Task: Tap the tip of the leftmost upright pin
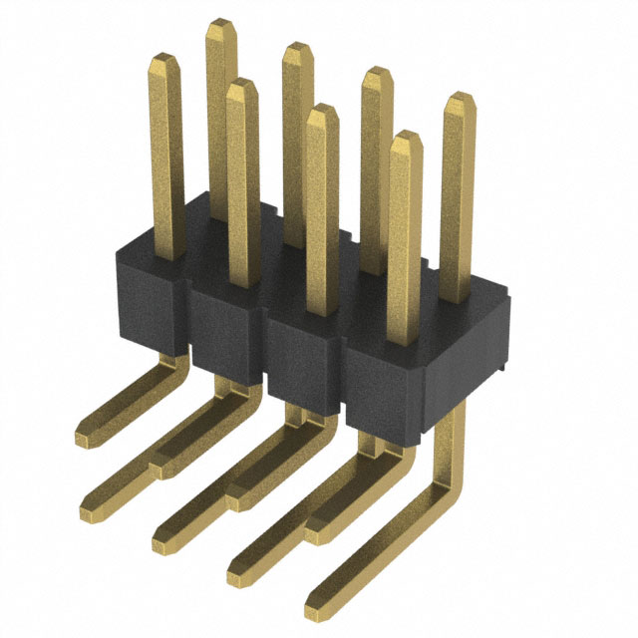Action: [161, 62]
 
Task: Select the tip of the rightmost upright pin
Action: [459, 100]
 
